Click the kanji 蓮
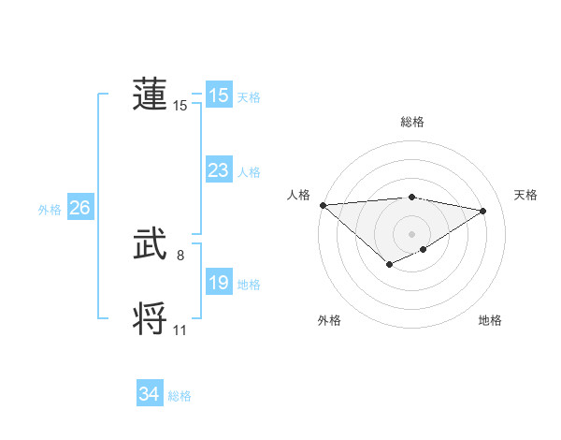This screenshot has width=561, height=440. pos(150,95)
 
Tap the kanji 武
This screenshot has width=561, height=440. pos(150,244)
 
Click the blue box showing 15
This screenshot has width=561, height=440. pos(218,95)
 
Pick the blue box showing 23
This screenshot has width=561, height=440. pos(218,170)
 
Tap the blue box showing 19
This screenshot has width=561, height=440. pos(218,283)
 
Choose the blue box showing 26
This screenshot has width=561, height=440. pos(79,208)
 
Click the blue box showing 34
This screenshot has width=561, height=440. pos(149,394)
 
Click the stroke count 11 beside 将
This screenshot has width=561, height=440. pos(180,330)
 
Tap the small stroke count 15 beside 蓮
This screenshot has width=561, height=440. pos(180,106)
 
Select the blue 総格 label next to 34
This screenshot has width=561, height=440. pos(180,396)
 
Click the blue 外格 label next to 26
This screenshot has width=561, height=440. pos(50,210)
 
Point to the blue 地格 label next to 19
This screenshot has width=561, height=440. pos(249,285)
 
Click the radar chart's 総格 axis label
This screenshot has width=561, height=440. pos(412,122)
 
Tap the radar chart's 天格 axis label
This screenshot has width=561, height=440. pos(525,195)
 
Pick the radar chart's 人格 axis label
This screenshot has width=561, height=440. pos(298,195)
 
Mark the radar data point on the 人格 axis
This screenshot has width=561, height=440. pos(323,205)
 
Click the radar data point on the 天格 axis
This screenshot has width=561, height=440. pos(483,211)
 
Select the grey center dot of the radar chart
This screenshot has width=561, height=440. pos(411,234)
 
